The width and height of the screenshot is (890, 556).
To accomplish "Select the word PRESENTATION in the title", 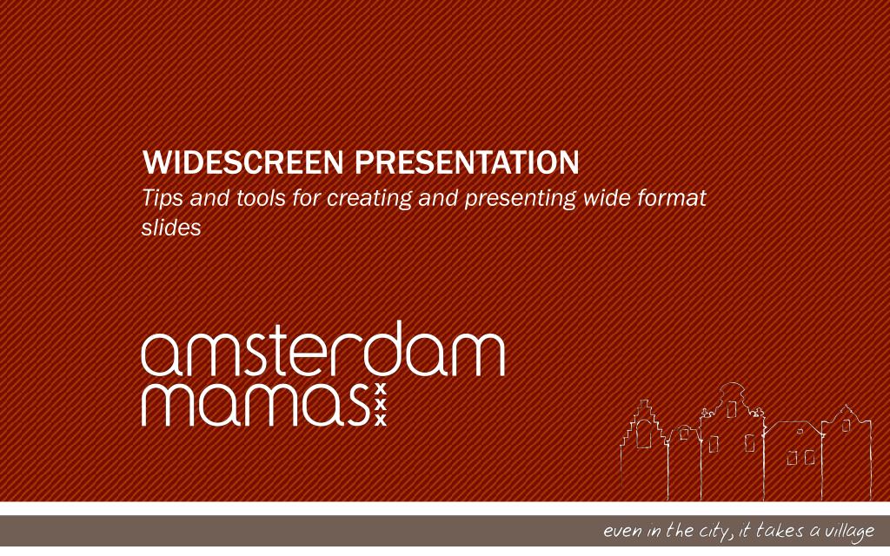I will pos(468,162).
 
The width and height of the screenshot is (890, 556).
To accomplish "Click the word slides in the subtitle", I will pos(171,227).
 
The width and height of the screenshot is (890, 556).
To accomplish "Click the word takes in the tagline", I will pos(782,531).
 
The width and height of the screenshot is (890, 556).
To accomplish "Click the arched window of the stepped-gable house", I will pos(643,434).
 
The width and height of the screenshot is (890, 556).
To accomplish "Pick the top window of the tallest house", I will pos(732,409).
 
